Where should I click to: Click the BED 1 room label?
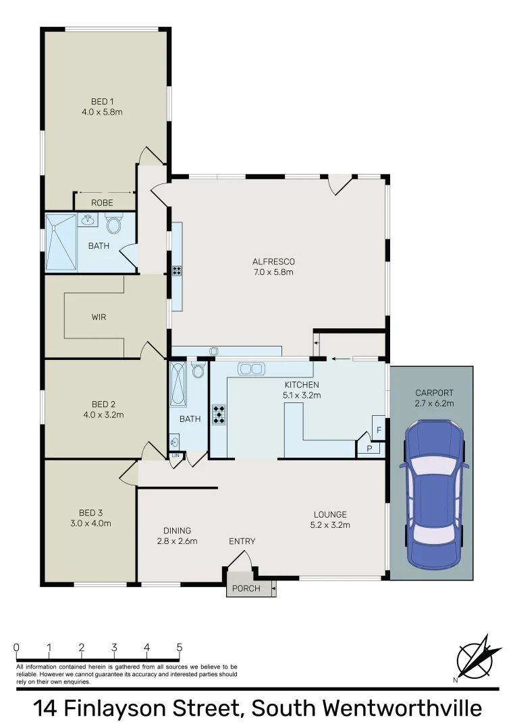point(102,107)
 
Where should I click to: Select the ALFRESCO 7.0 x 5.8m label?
point(273,266)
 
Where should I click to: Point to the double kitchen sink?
point(250,369)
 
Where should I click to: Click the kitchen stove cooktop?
point(219,414)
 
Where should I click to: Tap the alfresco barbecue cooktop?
point(177,270)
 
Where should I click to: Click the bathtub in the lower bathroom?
point(178,384)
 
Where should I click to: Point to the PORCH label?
point(246,588)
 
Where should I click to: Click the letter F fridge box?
point(379,429)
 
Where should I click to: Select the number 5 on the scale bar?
point(180,648)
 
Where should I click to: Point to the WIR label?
point(99,317)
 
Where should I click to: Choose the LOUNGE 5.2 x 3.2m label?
point(329,520)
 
